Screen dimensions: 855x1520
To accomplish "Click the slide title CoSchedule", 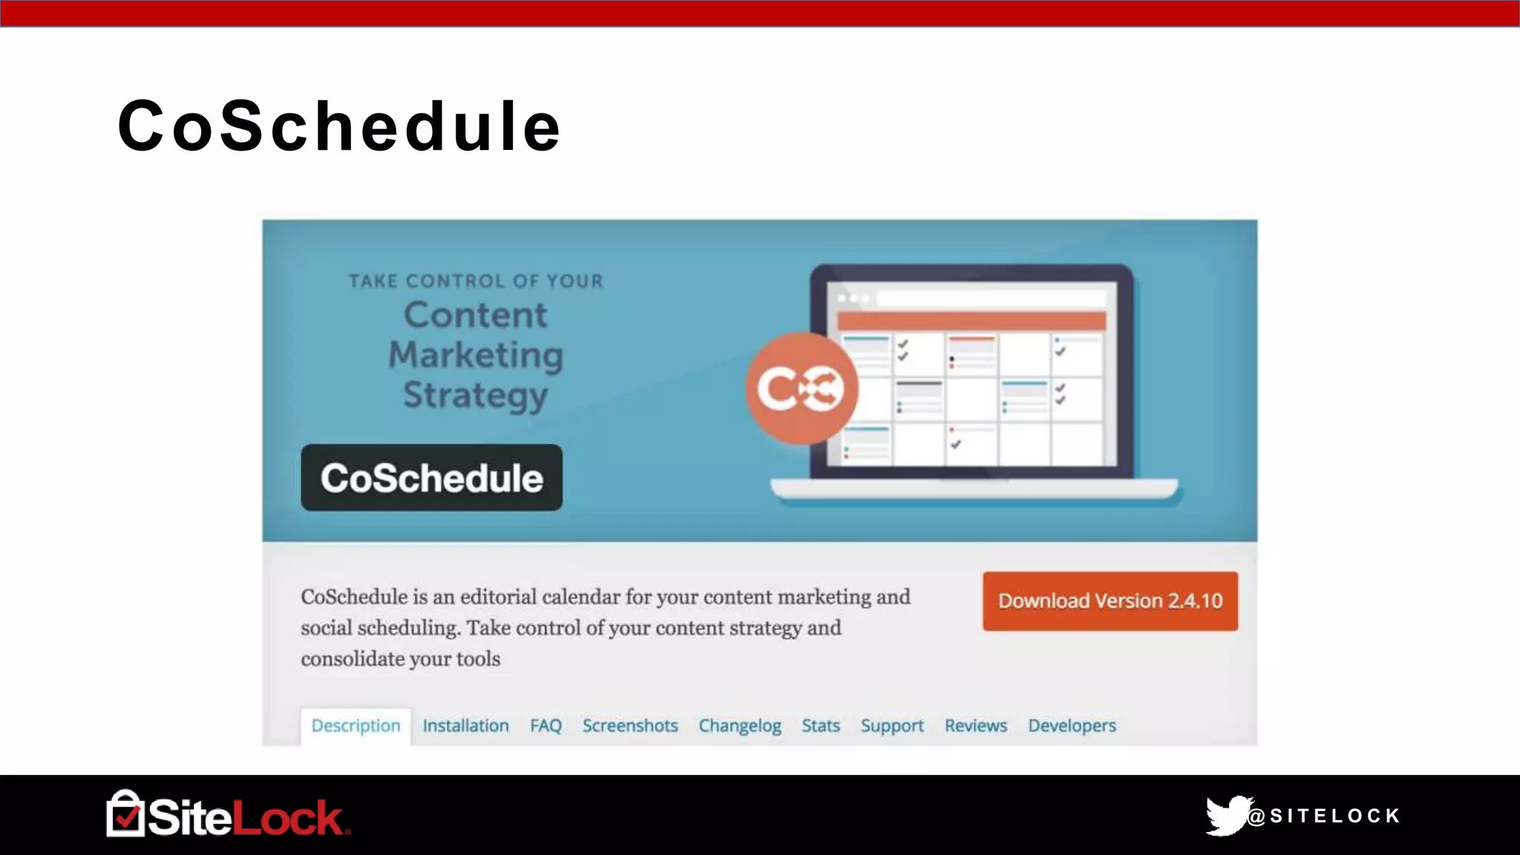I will click(x=339, y=126).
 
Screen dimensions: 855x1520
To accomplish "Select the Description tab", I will click(x=356, y=726).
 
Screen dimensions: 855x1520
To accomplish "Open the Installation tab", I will click(x=465, y=726).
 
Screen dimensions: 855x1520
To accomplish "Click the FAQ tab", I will click(x=546, y=726).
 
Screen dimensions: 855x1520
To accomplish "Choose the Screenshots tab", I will click(x=630, y=726).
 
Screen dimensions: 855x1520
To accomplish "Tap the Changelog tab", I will click(x=740, y=726).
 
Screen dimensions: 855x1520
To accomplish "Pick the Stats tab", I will click(x=821, y=726).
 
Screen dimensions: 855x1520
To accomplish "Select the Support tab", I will click(x=892, y=726).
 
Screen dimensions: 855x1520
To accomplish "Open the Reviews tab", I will click(x=976, y=726).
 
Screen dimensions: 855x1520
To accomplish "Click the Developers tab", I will click(x=1072, y=726).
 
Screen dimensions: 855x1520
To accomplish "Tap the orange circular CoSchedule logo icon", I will click(x=802, y=388).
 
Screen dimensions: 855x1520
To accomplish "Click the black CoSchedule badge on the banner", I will click(x=431, y=478).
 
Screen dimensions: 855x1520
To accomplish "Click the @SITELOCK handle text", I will click(x=1325, y=816).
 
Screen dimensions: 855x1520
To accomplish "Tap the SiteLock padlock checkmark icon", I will click(x=125, y=815).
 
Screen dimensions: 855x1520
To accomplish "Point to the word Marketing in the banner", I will click(x=476, y=355).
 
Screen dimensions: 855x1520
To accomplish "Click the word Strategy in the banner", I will click(x=476, y=395).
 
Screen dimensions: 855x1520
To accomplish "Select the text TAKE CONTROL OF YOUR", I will click(x=476, y=281).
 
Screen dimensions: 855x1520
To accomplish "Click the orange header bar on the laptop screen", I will click(x=971, y=321).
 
